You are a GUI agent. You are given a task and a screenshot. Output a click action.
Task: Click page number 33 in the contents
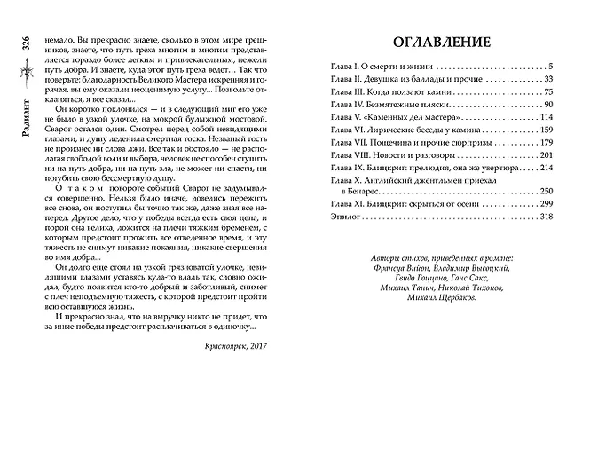547,80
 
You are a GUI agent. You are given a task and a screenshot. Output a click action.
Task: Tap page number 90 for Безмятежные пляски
547,105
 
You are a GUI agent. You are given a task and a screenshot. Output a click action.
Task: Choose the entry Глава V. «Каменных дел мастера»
387,117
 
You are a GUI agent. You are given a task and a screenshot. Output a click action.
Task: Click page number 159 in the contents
545,130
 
